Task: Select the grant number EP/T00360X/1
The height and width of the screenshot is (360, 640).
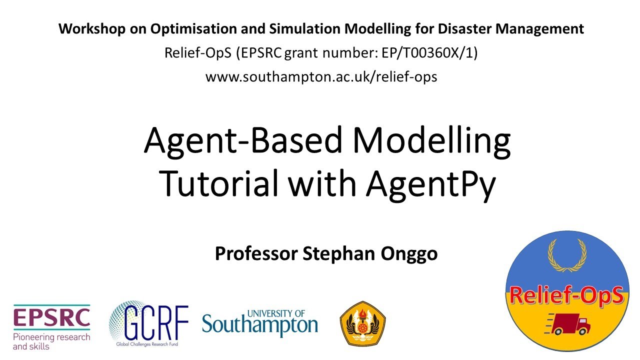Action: [425, 53]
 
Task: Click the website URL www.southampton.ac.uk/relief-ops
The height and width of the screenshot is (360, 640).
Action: [321, 77]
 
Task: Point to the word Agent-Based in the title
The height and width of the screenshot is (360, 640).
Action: [243, 140]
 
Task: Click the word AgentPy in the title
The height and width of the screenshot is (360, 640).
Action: [430, 183]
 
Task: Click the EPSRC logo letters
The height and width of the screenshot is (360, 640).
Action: [51, 317]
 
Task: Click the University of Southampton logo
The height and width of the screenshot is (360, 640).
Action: [260, 322]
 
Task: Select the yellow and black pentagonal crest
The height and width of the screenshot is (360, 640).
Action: [362, 323]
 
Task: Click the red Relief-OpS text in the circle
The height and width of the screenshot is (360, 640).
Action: [566, 296]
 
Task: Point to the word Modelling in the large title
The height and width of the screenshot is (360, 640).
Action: [431, 140]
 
